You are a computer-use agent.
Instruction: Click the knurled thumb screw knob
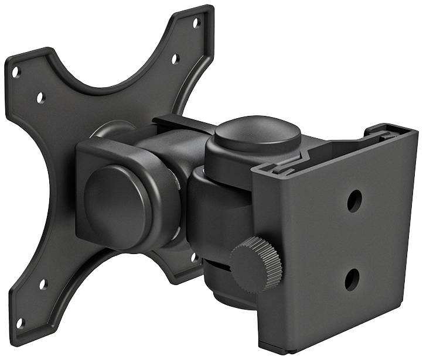click(256, 264)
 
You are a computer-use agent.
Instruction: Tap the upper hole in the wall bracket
click(354, 201)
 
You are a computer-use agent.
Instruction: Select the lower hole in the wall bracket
click(351, 279)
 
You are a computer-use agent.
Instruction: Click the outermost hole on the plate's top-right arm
click(197, 22)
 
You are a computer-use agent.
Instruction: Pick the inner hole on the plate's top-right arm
click(175, 59)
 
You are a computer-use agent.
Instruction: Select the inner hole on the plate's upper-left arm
click(40, 98)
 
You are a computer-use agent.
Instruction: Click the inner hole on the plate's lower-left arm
click(42, 285)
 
